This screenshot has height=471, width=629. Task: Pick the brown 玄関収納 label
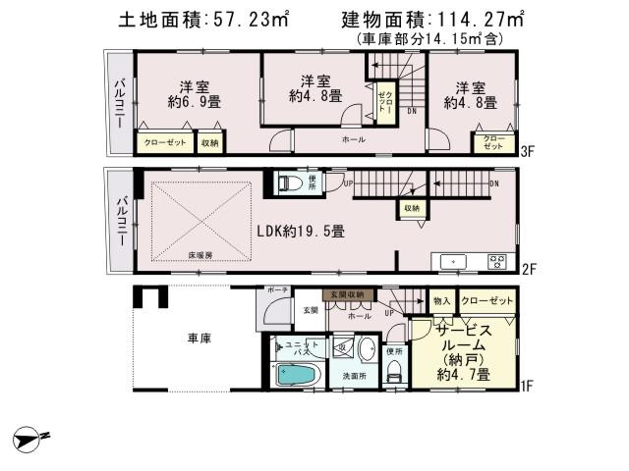tap(345, 293)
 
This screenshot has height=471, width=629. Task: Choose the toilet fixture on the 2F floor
tap(288, 182)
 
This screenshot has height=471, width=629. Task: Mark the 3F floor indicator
tap(526, 151)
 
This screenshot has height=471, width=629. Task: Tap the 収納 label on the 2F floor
tap(411, 208)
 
